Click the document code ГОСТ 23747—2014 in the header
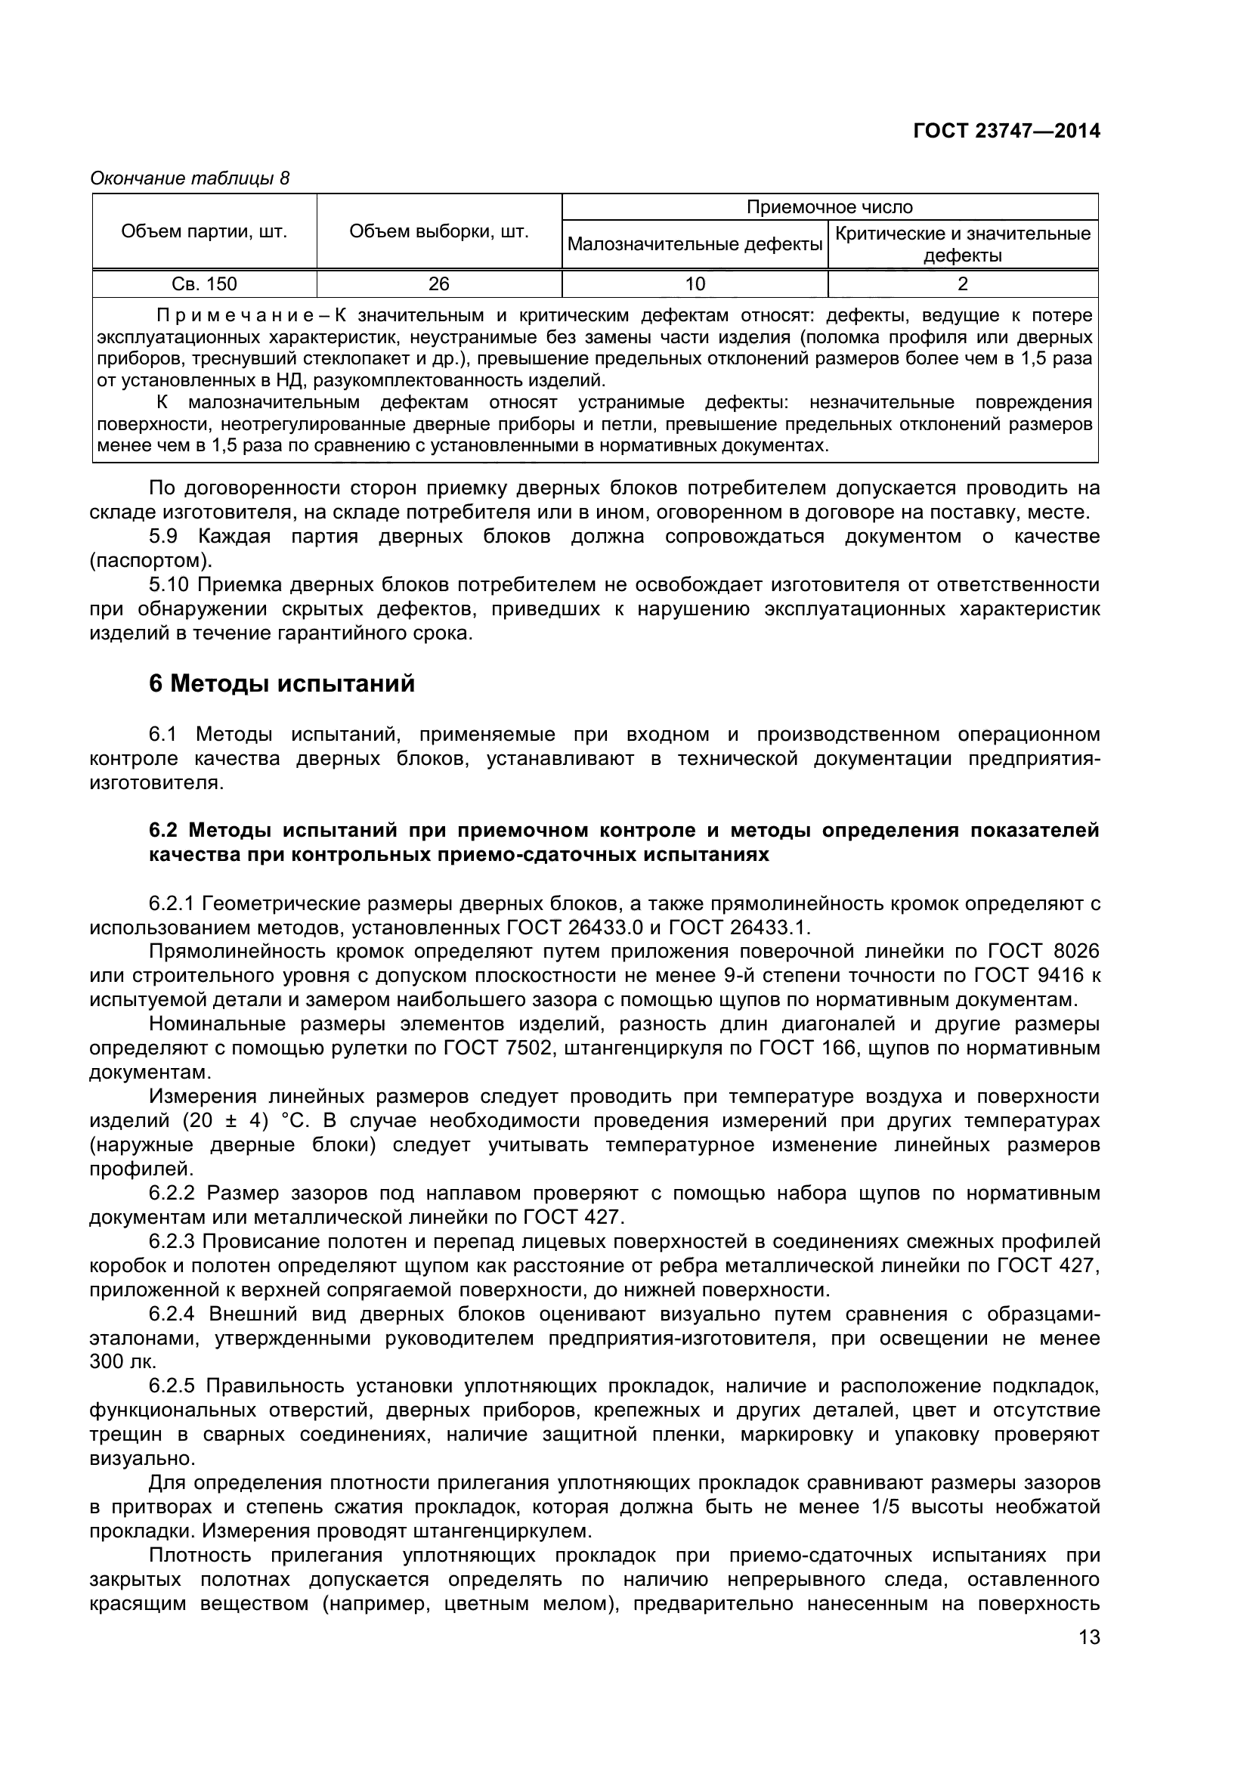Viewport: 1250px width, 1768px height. pyautogui.click(x=1006, y=132)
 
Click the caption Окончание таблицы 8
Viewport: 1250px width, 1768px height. pyautogui.click(x=190, y=178)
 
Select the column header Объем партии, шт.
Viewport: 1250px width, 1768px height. pyautogui.click(x=204, y=232)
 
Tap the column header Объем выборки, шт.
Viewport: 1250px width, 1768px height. pyautogui.click(x=439, y=232)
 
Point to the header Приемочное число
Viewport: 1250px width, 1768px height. pyautogui.click(x=829, y=207)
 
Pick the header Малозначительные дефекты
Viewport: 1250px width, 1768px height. pyautogui.click(x=695, y=245)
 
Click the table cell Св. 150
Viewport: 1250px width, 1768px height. pyautogui.click(x=204, y=284)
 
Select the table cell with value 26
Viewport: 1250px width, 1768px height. pyautogui.click(x=439, y=284)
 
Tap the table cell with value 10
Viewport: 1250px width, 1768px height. pyautogui.click(x=695, y=284)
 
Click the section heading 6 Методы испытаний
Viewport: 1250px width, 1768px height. pyautogui.click(x=282, y=684)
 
